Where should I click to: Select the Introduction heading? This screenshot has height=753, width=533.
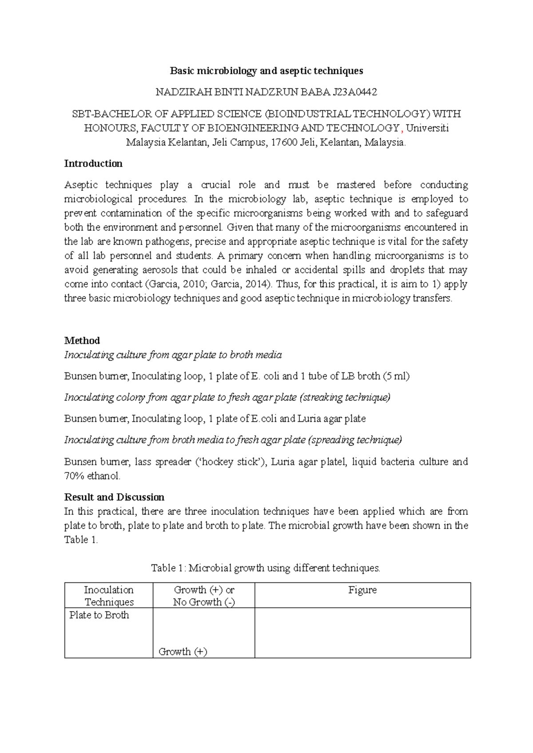coord(93,163)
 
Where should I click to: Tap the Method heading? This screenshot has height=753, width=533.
coord(82,341)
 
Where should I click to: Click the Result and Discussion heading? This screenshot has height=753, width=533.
coord(114,497)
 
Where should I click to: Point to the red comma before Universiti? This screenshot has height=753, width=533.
coord(402,130)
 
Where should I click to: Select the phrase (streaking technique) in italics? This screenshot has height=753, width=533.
coord(345,397)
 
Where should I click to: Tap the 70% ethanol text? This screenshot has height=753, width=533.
coord(92,476)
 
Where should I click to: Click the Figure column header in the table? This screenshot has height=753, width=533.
coord(362,590)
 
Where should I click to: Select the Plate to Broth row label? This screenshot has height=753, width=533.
coord(99,615)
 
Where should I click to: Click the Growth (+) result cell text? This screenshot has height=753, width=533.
coord(183,652)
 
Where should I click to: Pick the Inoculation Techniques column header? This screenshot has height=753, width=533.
coord(109,596)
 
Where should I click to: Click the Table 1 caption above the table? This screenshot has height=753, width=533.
coord(266,568)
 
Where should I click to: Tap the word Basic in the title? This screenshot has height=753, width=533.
coord(182,71)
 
